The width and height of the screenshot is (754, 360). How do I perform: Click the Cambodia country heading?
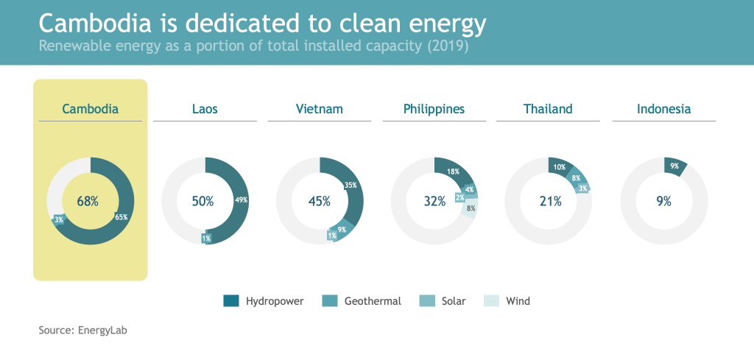pos(91,109)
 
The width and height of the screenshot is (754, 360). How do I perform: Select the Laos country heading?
pos(205,109)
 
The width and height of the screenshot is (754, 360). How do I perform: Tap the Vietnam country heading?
pos(320,109)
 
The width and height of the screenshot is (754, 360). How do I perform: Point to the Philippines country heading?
pos(434,110)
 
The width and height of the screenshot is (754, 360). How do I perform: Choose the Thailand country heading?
pos(548,109)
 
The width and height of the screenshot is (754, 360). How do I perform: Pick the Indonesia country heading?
pos(663,109)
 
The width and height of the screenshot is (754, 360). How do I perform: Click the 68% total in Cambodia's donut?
pos(88,202)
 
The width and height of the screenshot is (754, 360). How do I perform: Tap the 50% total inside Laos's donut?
pos(202,202)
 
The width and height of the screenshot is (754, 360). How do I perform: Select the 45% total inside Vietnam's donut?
pos(320,202)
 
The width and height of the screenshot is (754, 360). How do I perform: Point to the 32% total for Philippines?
pos(434,202)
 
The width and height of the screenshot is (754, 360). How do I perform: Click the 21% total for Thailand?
pos(550,202)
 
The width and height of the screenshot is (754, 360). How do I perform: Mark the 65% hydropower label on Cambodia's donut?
pos(121,216)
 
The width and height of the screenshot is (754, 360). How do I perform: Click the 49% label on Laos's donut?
pos(242,200)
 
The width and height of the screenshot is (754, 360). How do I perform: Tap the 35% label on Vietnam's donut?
pos(351,185)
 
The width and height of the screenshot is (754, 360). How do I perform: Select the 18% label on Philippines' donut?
pos(453,171)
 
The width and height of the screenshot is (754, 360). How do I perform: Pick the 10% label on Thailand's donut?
pos(560,167)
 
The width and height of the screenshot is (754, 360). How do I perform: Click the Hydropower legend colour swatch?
pos(231,301)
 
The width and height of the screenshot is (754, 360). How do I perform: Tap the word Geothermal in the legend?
pos(373,301)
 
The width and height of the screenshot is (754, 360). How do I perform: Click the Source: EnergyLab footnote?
pos(82,331)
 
